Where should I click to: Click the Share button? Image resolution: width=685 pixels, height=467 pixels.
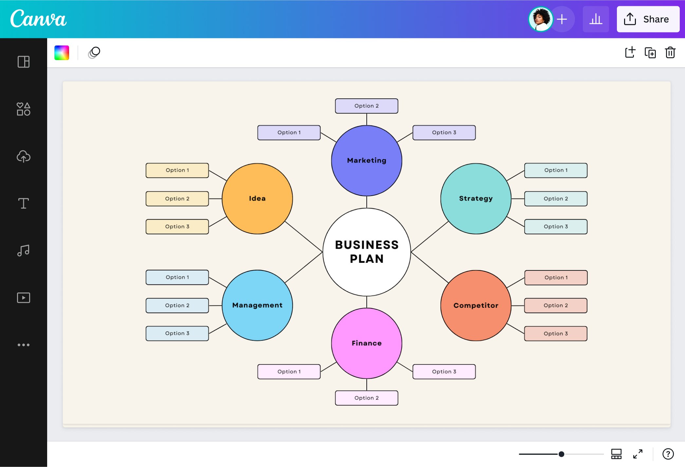[x=648, y=19]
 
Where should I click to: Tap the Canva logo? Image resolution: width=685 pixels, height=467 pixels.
[x=38, y=19]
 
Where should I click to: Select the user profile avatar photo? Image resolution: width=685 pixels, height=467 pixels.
[x=540, y=19]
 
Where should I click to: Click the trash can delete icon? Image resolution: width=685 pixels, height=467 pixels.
[x=670, y=52]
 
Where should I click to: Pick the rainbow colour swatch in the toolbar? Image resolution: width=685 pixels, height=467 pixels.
[x=62, y=53]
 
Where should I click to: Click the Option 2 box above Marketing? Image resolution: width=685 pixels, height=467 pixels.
[x=366, y=106]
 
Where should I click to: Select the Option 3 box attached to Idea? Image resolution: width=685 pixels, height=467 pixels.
[x=177, y=226]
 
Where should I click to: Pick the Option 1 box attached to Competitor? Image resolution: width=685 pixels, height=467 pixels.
[x=556, y=278]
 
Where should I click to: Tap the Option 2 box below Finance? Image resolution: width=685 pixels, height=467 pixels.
[x=366, y=398]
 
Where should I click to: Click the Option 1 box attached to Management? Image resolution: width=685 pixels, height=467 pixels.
[x=177, y=277]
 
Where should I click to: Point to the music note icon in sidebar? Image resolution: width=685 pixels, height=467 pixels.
[x=24, y=250]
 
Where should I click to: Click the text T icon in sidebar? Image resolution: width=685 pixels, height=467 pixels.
[x=24, y=203]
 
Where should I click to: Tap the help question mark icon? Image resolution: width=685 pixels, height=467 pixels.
[x=668, y=454]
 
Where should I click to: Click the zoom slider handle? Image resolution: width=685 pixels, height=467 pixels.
[x=561, y=454]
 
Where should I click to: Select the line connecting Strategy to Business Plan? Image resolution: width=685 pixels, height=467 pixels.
[x=429, y=237]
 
